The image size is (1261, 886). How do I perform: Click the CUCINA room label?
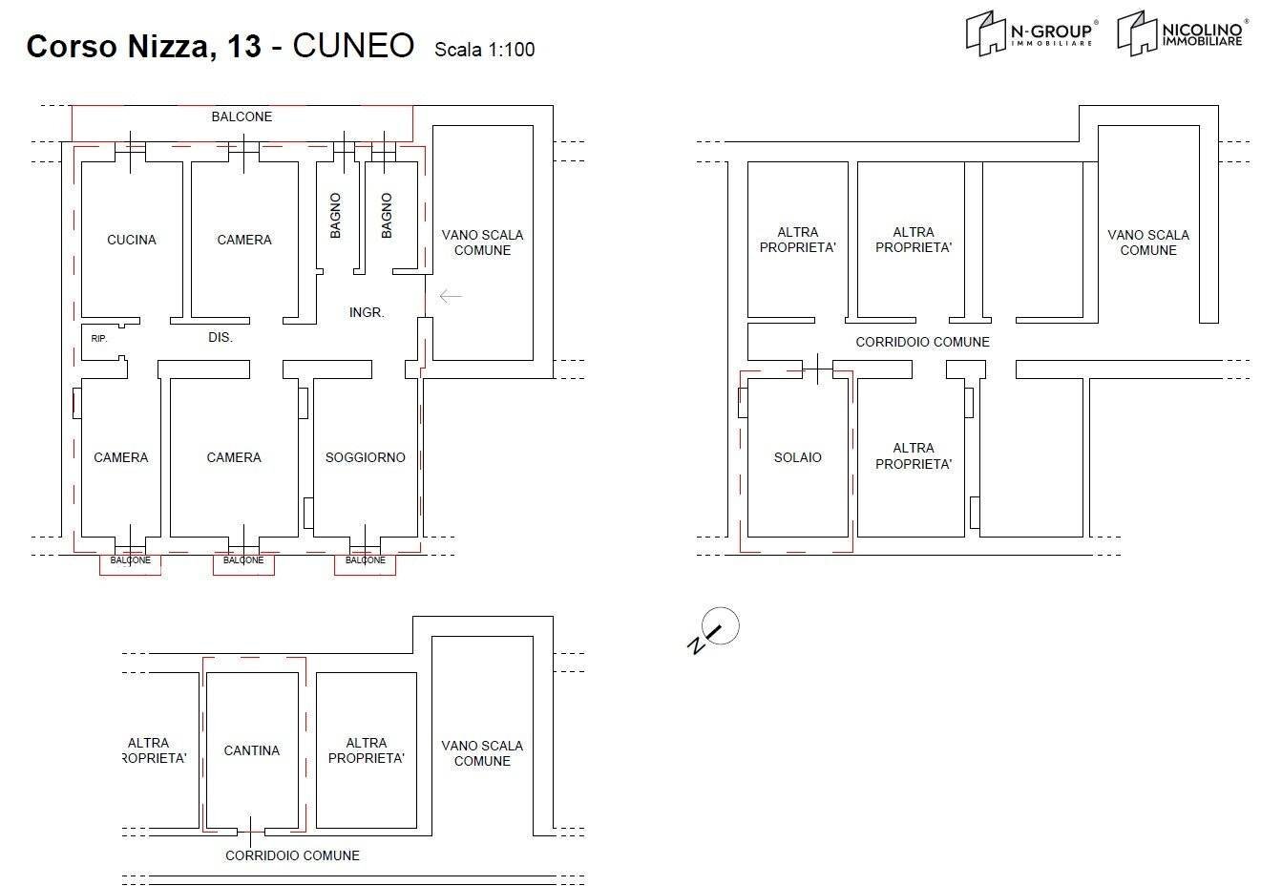click(x=132, y=240)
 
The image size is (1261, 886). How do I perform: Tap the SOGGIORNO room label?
click(x=365, y=457)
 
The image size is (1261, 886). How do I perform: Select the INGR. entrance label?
click(x=367, y=312)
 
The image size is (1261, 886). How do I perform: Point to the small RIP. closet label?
click(x=99, y=339)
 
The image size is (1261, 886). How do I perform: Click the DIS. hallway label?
click(x=221, y=337)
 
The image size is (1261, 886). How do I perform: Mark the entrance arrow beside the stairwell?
click(x=450, y=296)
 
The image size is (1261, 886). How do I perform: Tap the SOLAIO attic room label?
click(x=797, y=457)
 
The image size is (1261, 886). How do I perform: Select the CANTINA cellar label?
click(x=252, y=750)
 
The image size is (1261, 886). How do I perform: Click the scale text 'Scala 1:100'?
click(x=484, y=50)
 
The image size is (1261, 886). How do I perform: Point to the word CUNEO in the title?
click(x=353, y=46)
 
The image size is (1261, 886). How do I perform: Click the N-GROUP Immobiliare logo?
click(x=1031, y=34)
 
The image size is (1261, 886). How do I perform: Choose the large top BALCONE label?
click(x=242, y=116)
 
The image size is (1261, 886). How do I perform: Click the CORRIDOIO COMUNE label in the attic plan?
click(x=922, y=342)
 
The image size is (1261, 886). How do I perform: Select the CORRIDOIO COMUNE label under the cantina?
click(x=292, y=855)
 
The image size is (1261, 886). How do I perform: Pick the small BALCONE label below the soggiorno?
click(x=365, y=560)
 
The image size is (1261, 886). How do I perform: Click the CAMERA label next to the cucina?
click(x=244, y=240)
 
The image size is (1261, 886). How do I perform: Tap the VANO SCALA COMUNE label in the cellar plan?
click(x=482, y=753)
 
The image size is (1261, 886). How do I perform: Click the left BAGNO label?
click(x=335, y=216)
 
